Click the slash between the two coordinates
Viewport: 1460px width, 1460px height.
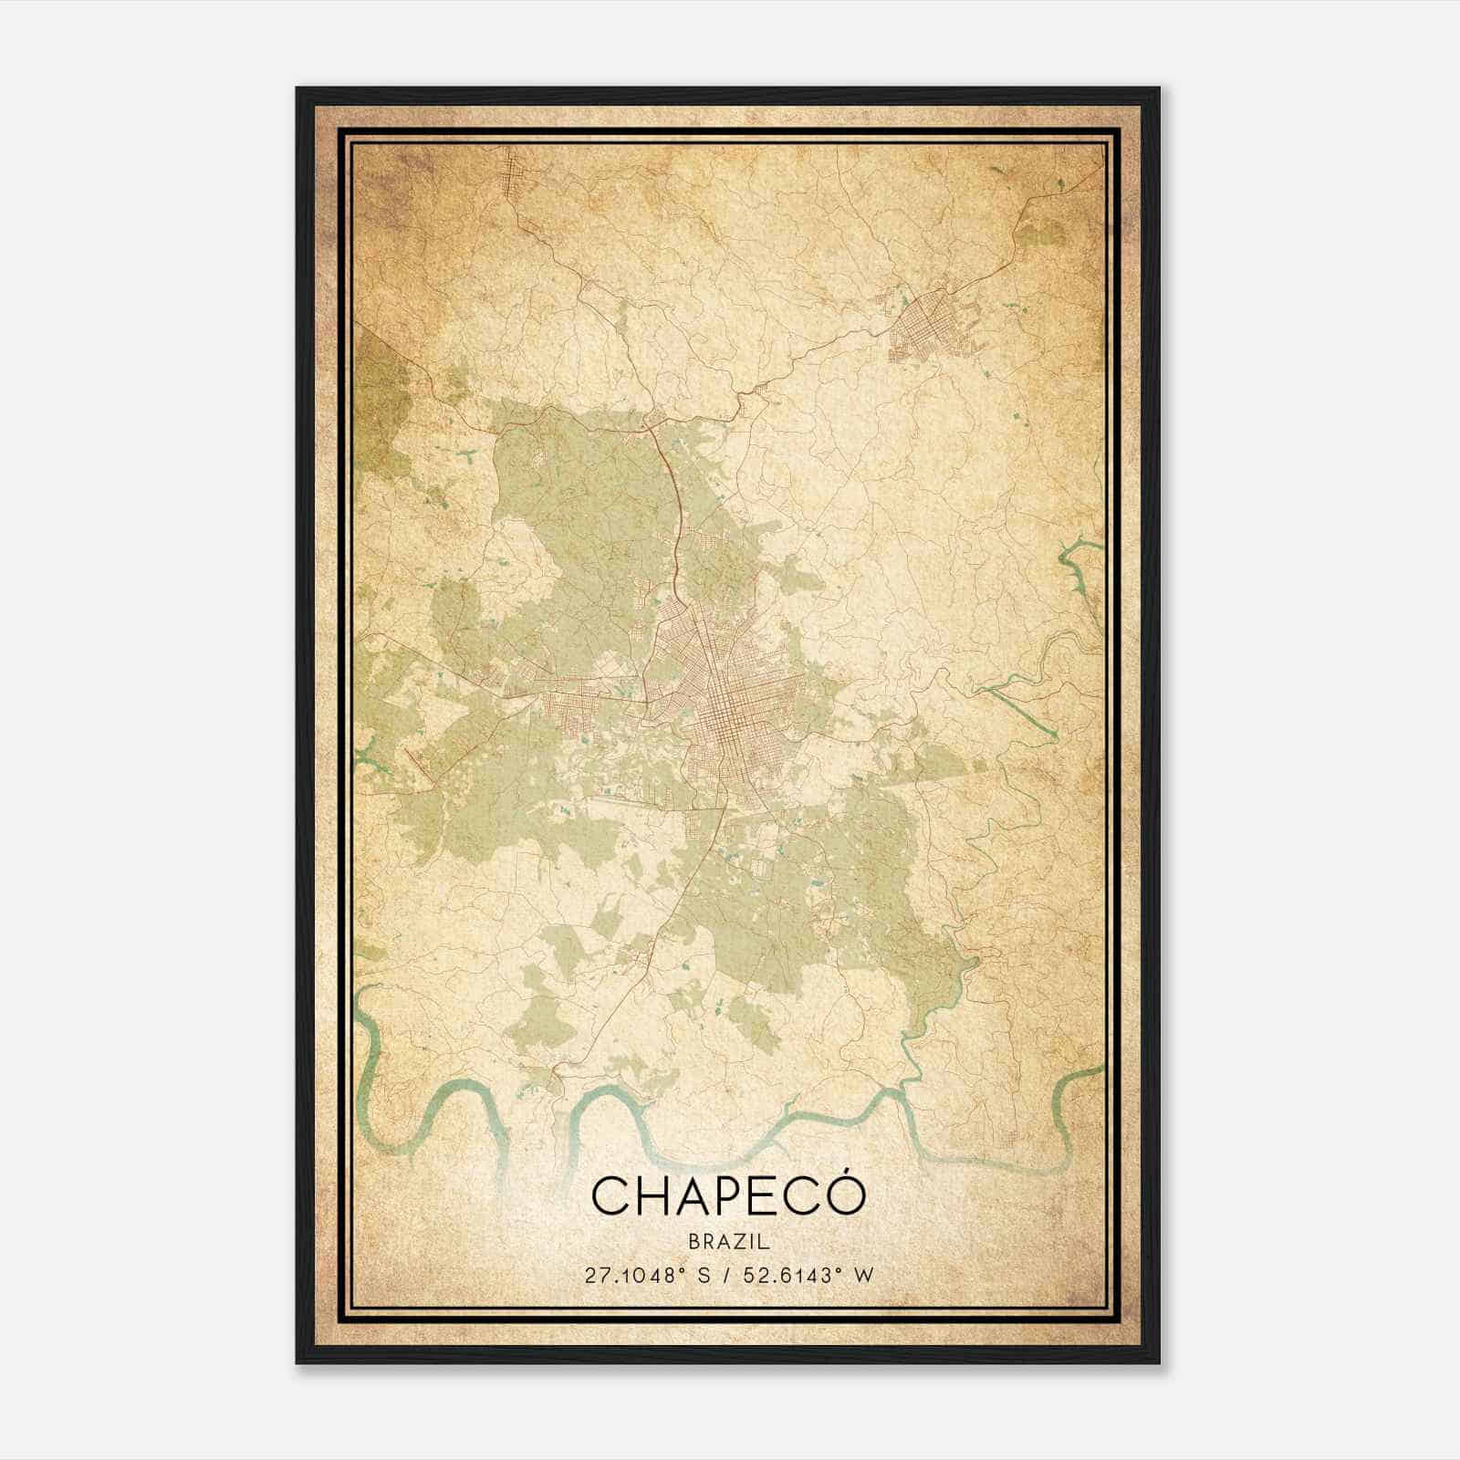[x=725, y=1275]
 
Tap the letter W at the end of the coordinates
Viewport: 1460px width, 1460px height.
[x=862, y=1275]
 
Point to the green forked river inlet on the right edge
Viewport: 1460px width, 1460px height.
[x=1082, y=557]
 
